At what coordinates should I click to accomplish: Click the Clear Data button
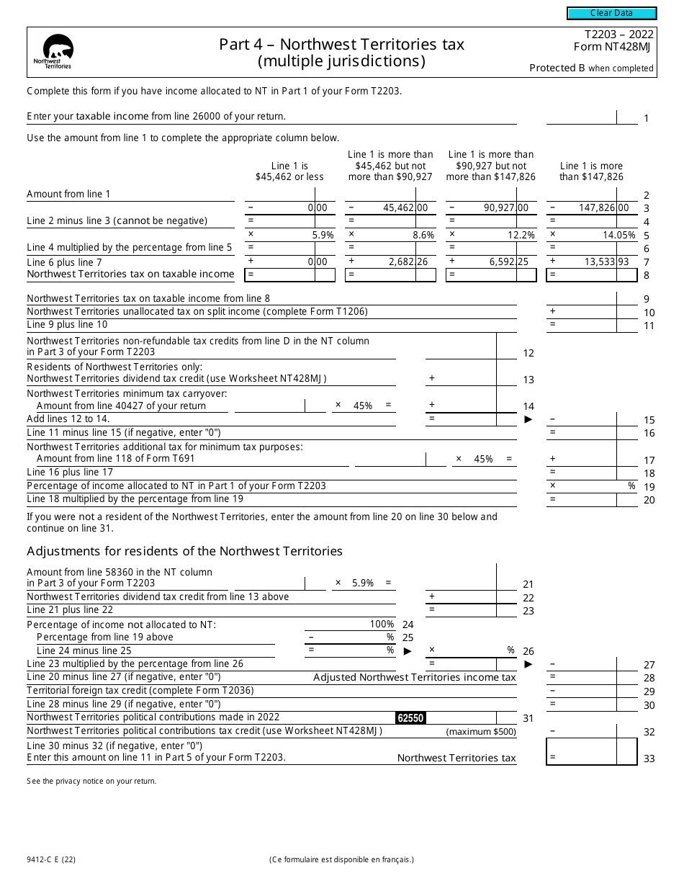tap(611, 13)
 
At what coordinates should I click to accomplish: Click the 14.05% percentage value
tap(618, 235)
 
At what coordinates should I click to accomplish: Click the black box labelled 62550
tap(410, 717)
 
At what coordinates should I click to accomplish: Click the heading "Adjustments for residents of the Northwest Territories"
tap(184, 551)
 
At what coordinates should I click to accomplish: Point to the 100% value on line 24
tap(382, 624)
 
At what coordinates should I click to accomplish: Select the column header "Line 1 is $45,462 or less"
tap(289, 171)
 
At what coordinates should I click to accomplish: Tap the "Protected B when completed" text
tap(591, 68)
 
